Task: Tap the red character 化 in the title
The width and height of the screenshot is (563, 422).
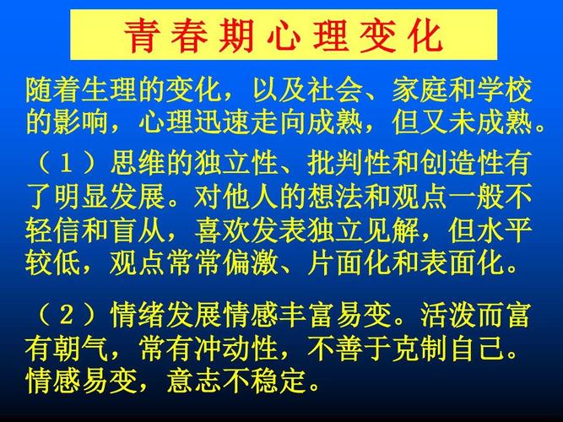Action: tap(425, 36)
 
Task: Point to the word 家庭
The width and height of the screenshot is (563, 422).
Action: tap(420, 89)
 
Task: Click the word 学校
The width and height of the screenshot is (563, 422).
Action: tap(504, 89)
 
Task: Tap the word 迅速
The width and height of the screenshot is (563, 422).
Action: tap(223, 123)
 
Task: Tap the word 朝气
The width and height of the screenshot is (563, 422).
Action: tap(81, 349)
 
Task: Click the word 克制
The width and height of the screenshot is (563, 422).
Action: tap(420, 349)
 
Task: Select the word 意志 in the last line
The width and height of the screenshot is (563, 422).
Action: tap(194, 381)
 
